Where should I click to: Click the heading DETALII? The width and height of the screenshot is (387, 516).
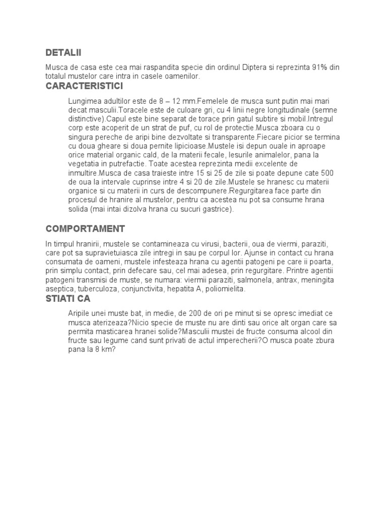pos(63,52)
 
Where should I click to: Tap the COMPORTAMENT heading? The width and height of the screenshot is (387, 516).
pos(85,228)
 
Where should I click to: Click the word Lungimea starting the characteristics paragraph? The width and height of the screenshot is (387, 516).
pos(84,100)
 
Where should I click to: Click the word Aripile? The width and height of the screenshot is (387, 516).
pos(81,313)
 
